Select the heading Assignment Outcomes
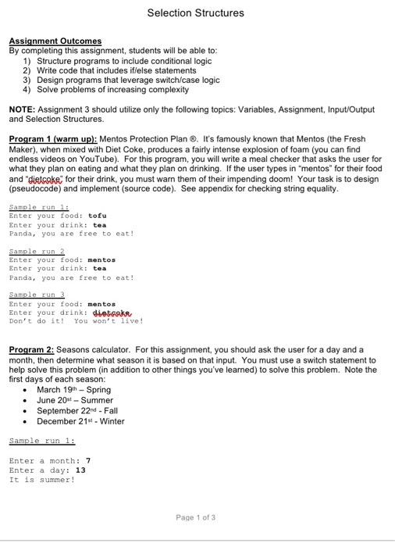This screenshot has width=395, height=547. (55, 41)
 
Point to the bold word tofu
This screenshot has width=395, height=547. (98, 216)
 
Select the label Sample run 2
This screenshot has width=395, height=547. (37, 251)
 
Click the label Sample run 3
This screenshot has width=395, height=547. (37, 295)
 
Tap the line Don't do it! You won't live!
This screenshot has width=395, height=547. (76, 320)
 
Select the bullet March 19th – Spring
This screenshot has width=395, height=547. (73, 389)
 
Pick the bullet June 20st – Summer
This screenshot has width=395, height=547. (75, 400)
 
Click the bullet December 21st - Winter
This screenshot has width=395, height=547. (80, 421)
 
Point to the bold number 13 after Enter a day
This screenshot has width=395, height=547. (80, 470)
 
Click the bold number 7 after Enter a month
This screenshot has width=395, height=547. (88, 461)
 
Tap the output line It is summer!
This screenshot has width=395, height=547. (41, 480)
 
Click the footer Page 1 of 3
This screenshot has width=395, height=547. (196, 517)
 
